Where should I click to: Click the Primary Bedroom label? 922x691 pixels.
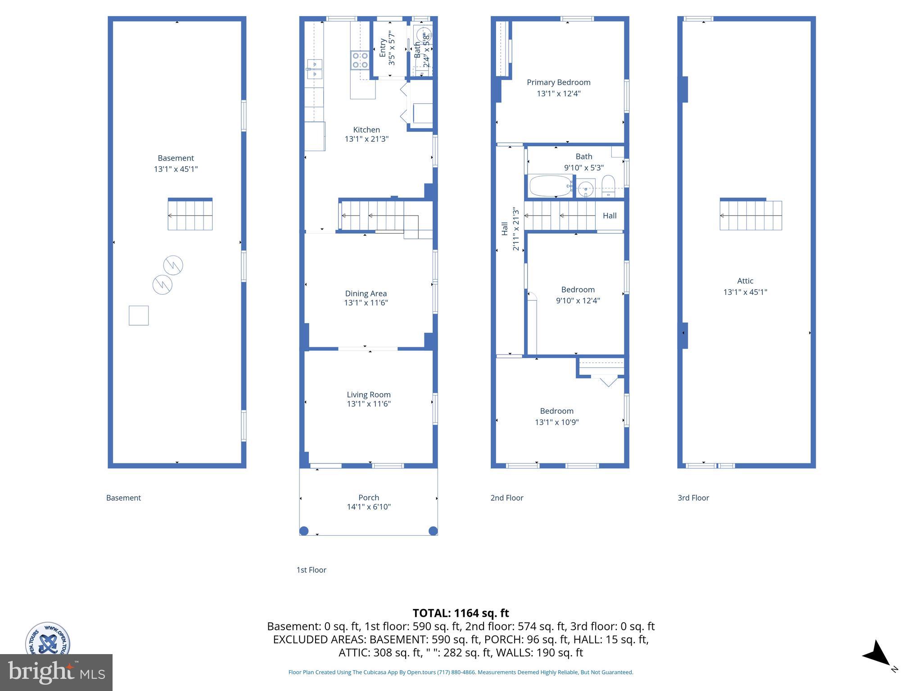pyautogui.click(x=558, y=82)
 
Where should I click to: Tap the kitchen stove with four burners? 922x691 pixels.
pyautogui.click(x=360, y=60)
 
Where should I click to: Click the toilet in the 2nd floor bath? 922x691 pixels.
pyautogui.click(x=608, y=186)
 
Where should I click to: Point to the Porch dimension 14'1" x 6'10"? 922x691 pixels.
pyautogui.click(x=368, y=507)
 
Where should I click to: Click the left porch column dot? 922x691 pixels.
pyautogui.click(x=304, y=531)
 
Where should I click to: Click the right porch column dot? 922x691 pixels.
pyautogui.click(x=433, y=531)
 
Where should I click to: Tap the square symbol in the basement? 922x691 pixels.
pyautogui.click(x=139, y=315)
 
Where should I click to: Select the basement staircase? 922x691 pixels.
pyautogui.click(x=190, y=215)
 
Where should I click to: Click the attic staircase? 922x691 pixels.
pyautogui.click(x=750, y=215)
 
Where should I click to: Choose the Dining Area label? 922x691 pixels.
pyautogui.click(x=366, y=293)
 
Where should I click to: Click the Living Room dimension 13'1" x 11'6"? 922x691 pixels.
pyautogui.click(x=368, y=404)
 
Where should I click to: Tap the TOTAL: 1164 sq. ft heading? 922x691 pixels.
pyautogui.click(x=461, y=613)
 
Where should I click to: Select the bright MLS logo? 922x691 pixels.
pyautogui.click(x=56, y=673)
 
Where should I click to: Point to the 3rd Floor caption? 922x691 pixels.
pyautogui.click(x=693, y=498)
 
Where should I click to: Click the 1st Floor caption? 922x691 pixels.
pyautogui.click(x=311, y=570)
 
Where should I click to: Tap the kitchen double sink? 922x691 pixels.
pyautogui.click(x=314, y=69)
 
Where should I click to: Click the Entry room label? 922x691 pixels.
pyautogui.click(x=383, y=48)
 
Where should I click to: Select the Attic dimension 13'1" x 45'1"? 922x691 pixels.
pyautogui.click(x=745, y=292)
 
